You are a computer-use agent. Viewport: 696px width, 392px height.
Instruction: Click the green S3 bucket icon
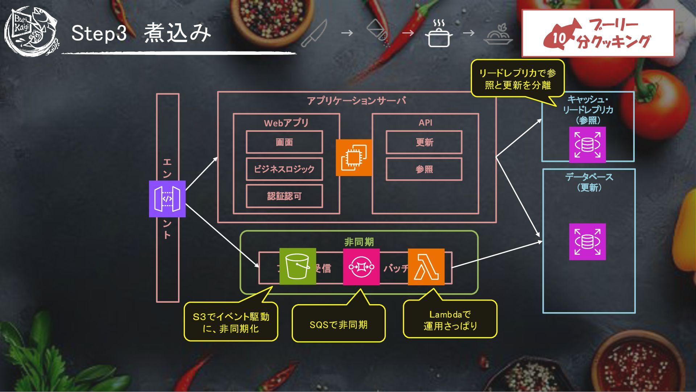[x=297, y=266]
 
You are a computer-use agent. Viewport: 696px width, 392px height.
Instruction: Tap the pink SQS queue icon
[x=361, y=267]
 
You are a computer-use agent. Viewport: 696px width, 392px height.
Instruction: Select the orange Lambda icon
[x=426, y=267]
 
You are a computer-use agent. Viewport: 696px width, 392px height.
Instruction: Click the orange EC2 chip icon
[x=353, y=158]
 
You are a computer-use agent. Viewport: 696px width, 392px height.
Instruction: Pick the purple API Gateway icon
[x=167, y=199]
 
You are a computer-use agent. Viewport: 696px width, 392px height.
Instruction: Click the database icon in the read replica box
[x=587, y=144]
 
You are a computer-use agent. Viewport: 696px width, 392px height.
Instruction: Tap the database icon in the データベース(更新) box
[x=587, y=241]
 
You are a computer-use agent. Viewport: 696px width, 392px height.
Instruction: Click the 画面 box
[x=284, y=142]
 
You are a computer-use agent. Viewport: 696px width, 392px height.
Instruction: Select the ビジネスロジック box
[x=284, y=169]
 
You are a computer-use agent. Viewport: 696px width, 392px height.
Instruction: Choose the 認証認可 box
[x=284, y=196]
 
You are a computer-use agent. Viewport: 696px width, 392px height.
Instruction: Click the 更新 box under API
[x=424, y=142]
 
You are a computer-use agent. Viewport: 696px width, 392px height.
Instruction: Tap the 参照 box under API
[x=424, y=169]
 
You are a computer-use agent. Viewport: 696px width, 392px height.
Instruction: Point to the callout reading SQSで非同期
[x=338, y=324]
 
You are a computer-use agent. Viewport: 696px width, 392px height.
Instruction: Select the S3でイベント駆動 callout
[x=231, y=322]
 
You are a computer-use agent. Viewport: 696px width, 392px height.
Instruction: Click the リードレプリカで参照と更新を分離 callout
[x=517, y=79]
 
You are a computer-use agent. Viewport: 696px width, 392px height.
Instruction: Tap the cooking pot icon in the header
[x=439, y=34]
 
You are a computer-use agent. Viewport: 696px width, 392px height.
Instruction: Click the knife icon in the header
[x=314, y=33]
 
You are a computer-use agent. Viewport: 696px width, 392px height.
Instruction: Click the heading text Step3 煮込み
[x=141, y=33]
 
